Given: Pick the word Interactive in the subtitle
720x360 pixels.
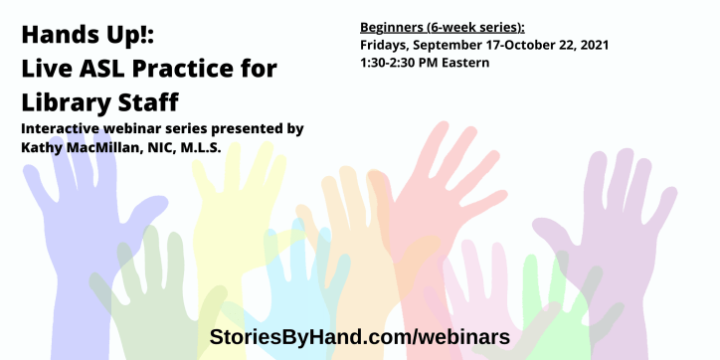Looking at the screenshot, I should coord(63,129).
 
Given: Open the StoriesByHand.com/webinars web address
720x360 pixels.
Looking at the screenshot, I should coord(359,336).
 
